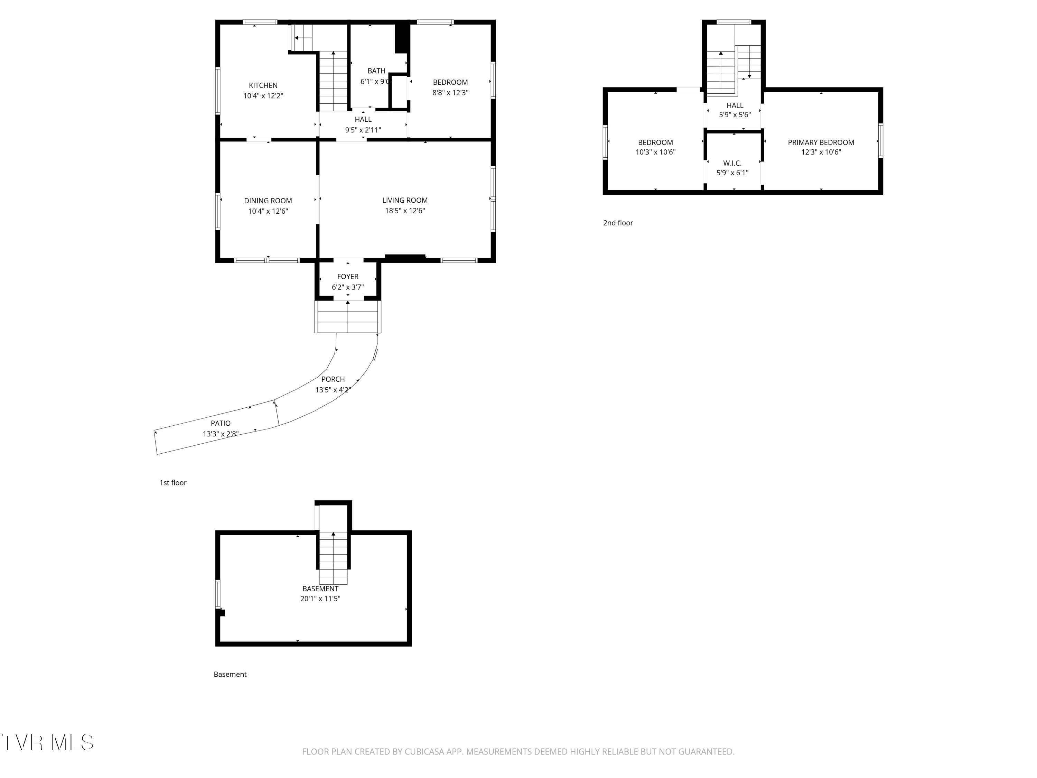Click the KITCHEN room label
point(263,85)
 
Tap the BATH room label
point(376,71)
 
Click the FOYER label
point(348,277)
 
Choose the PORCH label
point(333,379)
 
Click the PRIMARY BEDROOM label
point(821,142)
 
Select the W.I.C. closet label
point(732,163)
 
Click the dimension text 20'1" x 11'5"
point(320,599)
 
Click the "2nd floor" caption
point(618,223)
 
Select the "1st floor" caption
point(173,483)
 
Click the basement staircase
point(333,558)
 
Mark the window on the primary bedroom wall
point(880,141)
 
